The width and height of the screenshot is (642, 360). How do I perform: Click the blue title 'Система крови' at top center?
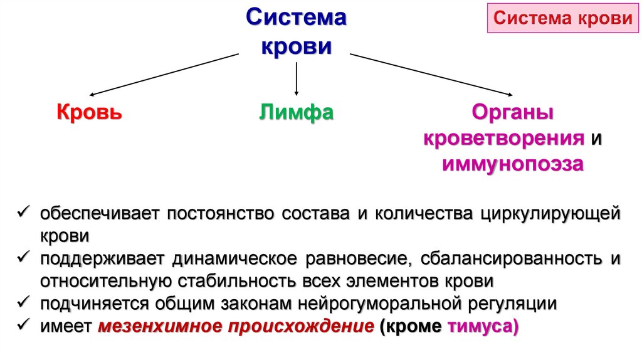[295, 31]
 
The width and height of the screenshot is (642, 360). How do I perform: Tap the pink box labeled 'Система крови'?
[562, 18]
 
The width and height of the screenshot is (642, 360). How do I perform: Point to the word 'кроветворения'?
[504, 139]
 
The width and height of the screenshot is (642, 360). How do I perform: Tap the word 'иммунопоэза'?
[513, 164]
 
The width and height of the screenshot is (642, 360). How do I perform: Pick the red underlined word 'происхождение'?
[300, 327]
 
